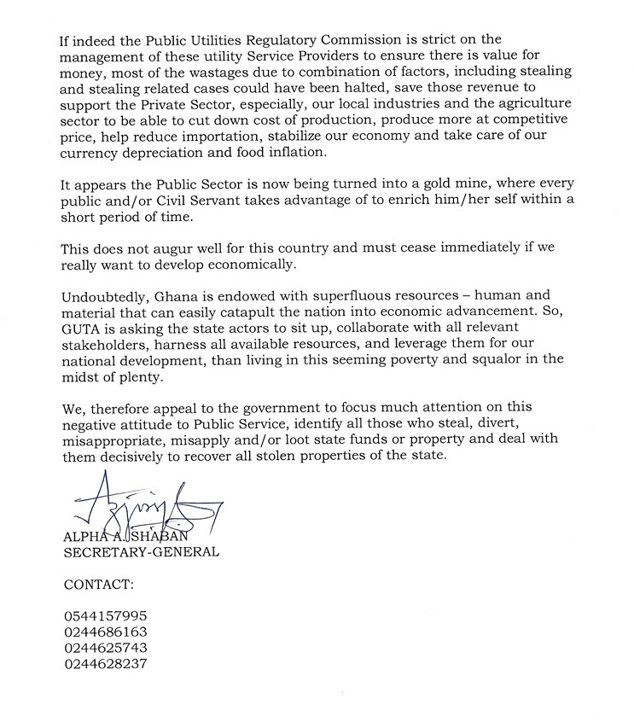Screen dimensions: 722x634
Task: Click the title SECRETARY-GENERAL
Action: click(x=142, y=552)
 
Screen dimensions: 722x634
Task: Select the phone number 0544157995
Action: click(x=106, y=616)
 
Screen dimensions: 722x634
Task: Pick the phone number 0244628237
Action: click(x=106, y=664)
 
